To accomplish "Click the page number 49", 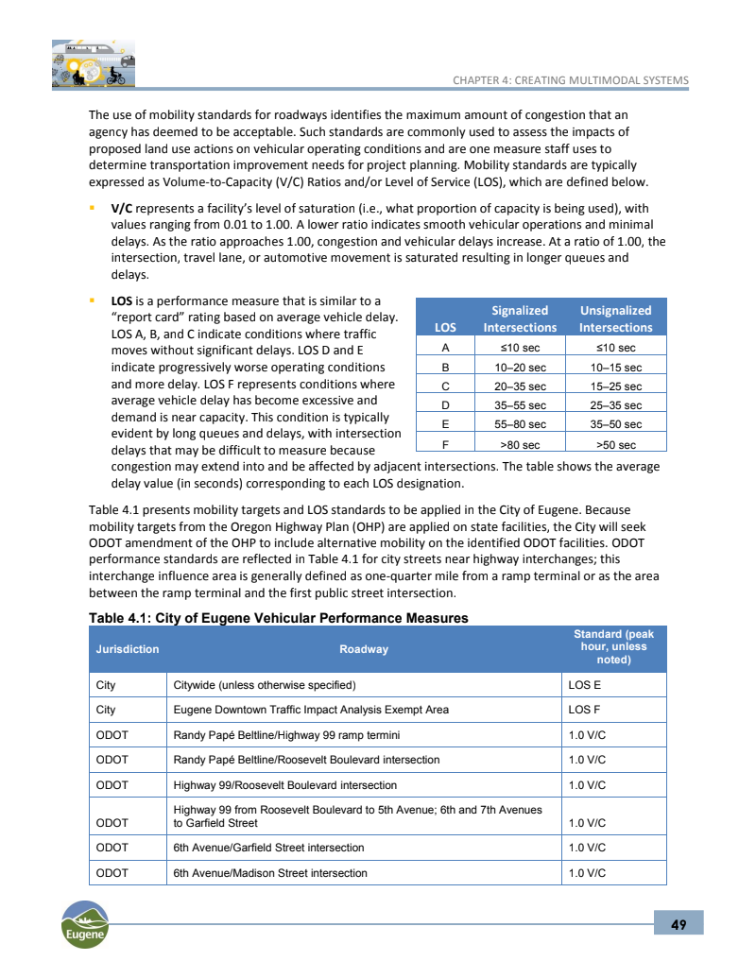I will tap(679, 923).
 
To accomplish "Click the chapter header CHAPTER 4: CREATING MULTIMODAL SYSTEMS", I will tap(571, 80).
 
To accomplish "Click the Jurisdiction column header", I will tap(128, 649).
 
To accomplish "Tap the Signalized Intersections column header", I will tap(520, 318).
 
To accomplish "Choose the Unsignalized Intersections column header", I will tap(615, 318).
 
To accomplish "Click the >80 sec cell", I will tap(520, 444).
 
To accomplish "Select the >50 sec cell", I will tap(615, 444).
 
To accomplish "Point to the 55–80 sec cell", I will tap(520, 424).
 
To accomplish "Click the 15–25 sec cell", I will tap(615, 386).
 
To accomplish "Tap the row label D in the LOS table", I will tap(445, 404).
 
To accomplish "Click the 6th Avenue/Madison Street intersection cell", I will tap(270, 873).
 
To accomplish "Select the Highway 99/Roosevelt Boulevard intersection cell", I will tap(285, 785).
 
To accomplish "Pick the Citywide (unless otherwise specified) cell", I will tap(265, 684).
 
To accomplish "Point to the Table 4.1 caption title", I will tap(279, 618).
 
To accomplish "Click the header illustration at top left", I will tap(93, 63).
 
